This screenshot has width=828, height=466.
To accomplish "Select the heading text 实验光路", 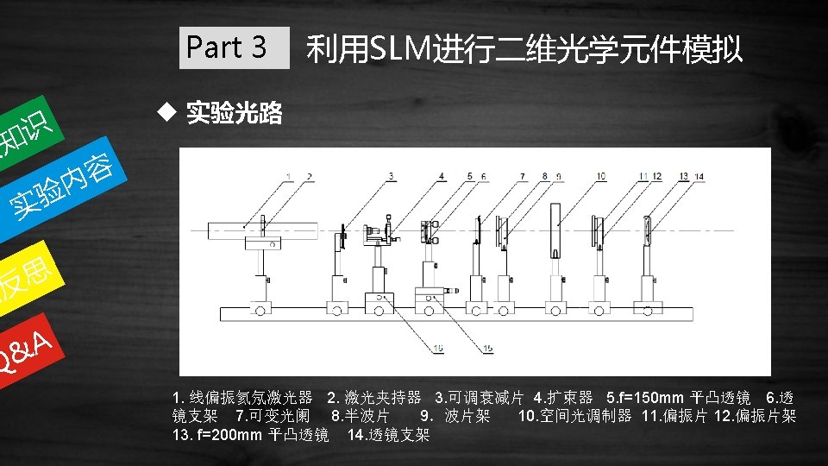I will [235, 113].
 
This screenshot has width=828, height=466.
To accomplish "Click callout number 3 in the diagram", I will [391, 176].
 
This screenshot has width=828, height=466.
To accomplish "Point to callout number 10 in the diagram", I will [600, 176].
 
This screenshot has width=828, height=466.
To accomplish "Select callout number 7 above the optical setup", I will [521, 176].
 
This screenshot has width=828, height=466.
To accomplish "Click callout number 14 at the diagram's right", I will [699, 176].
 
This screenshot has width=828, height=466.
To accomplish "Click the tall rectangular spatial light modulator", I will [557, 225].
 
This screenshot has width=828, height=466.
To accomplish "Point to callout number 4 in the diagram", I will [442, 176].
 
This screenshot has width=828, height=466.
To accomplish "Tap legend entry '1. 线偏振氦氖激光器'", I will [242, 398].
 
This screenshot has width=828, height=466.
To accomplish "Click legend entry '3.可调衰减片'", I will [480, 398].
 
